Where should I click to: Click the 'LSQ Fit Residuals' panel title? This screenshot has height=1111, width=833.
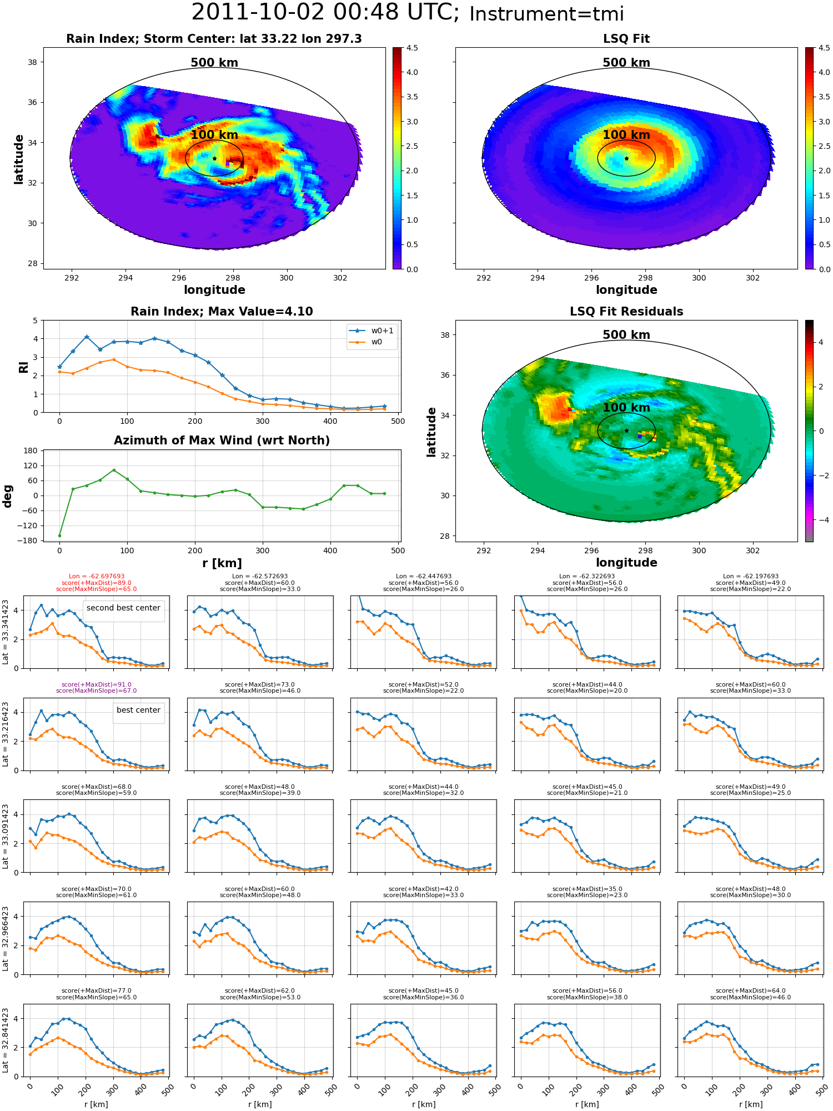coord(626,312)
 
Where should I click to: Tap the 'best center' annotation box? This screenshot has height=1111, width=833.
coord(138,710)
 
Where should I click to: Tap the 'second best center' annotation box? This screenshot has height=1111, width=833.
coord(123,608)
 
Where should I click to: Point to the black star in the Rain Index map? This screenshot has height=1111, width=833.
coord(214,158)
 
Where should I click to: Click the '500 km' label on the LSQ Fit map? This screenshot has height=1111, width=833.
coord(626,63)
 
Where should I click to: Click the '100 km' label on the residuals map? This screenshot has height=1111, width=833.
coord(626,407)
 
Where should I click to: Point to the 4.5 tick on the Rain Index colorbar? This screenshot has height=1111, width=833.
coord(412,48)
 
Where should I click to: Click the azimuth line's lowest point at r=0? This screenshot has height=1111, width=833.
coord(59,536)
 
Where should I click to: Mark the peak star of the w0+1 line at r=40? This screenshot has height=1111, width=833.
coord(87,337)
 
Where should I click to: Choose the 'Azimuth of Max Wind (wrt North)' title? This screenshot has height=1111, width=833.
coord(222,441)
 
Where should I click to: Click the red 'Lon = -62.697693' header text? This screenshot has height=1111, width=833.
coord(97,577)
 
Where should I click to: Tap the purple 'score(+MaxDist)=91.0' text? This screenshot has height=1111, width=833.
coord(97,685)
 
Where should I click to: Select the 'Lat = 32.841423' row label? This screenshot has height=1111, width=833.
coord(6,1040)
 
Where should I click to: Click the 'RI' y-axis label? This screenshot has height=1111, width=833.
coord(23,367)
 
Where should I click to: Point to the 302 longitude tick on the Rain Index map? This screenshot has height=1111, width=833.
coord(340,278)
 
